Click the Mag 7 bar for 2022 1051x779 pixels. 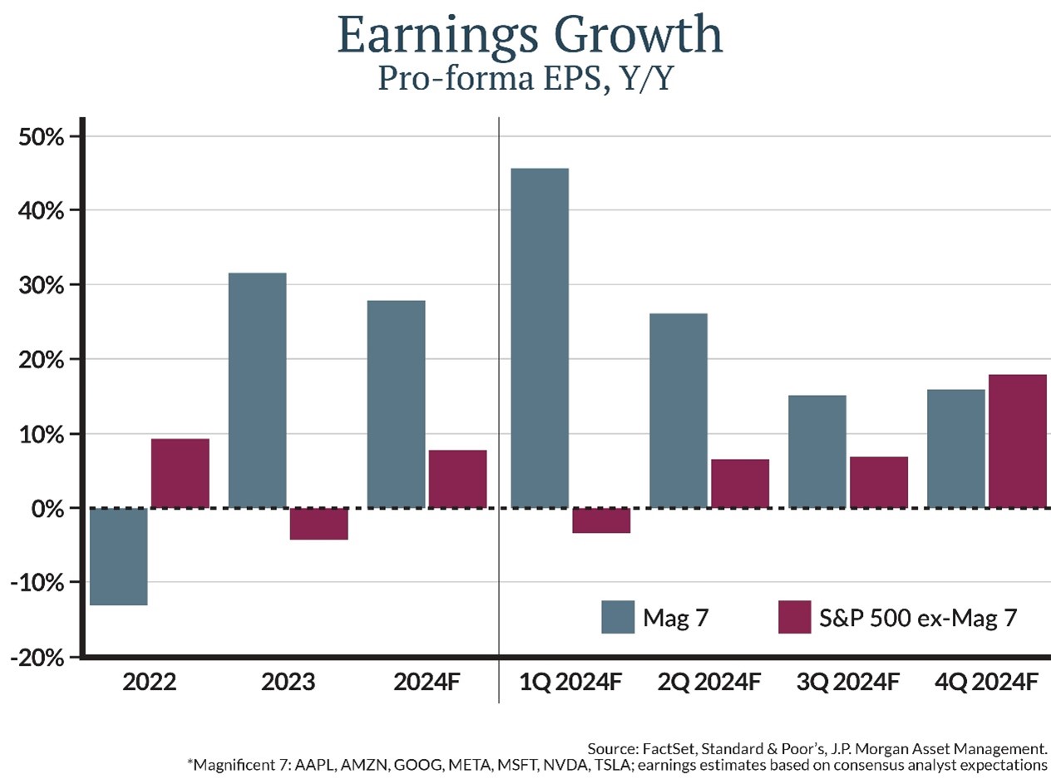point(118,556)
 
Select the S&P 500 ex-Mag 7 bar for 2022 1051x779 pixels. point(180,473)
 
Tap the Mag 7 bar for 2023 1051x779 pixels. point(257,390)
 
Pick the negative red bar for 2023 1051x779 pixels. point(318,524)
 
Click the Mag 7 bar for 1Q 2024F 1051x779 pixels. point(540,338)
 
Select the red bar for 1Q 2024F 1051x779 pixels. point(601,520)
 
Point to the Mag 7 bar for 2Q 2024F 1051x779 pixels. point(678,410)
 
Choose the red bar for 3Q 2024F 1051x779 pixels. point(878,482)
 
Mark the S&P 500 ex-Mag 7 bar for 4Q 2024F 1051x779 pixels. point(1017,441)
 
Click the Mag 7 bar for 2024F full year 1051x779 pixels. point(396,403)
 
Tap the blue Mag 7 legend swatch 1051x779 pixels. point(618,617)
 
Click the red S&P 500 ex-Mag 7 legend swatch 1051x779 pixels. point(794,617)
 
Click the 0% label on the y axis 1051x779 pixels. point(47,508)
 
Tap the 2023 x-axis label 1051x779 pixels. point(288,683)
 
